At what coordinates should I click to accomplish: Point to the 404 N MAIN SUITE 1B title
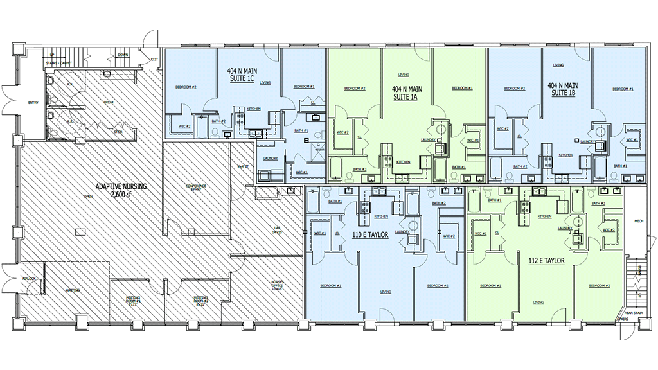563,89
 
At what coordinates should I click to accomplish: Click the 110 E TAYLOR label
369,235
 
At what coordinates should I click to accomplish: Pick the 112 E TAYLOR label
546,261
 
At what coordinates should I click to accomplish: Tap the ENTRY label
33,103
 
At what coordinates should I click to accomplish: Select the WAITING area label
73,290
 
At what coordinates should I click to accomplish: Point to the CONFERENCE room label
196,188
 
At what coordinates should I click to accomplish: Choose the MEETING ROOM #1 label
134,301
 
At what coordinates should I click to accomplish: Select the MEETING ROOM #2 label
202,301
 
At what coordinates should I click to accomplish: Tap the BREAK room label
109,102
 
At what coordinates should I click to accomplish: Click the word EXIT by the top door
154,60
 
